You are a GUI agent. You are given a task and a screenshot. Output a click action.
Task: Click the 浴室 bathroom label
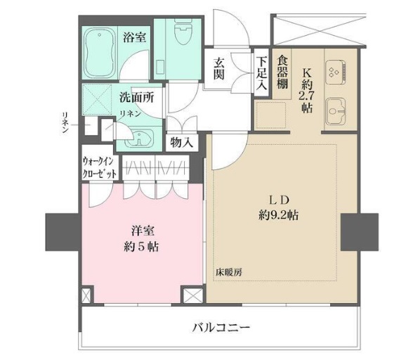134,37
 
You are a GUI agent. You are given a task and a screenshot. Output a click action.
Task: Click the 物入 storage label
182,142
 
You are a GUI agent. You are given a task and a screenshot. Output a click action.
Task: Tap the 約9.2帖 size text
279,217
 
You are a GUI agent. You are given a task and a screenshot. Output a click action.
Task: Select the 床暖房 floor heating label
228,271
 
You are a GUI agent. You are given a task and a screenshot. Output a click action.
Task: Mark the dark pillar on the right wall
359,231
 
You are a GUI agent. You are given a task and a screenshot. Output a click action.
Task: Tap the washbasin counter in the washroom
140,136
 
